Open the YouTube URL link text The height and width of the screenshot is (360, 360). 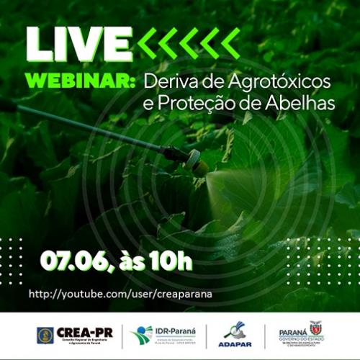(x=120, y=294)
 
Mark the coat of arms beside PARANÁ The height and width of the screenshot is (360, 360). (x=316, y=328)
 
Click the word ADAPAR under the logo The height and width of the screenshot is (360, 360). (x=235, y=346)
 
